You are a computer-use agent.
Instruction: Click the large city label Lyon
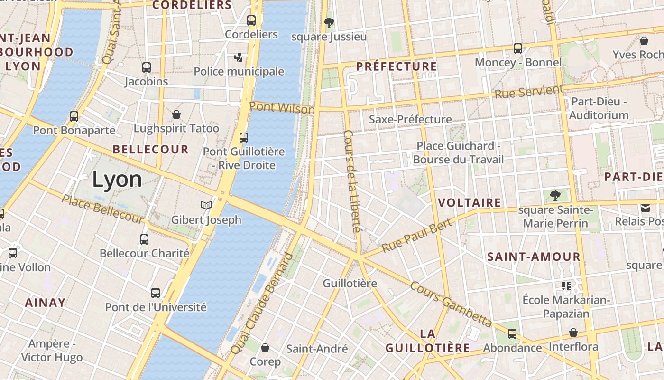(117, 180)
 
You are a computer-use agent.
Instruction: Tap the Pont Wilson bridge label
(282, 108)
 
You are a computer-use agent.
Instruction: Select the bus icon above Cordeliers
(251, 20)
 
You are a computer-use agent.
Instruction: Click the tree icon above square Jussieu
(328, 22)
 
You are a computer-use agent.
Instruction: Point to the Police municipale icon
(238, 57)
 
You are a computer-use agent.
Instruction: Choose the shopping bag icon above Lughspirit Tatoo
(176, 114)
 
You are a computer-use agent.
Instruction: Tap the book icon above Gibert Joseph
(206, 205)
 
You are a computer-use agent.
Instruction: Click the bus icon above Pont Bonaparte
(74, 116)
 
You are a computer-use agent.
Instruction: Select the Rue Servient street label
(528, 91)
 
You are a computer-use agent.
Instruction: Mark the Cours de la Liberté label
(351, 181)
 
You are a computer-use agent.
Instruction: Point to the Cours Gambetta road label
(451, 304)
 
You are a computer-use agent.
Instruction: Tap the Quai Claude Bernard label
(262, 304)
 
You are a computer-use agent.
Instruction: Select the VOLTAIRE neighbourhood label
(469, 203)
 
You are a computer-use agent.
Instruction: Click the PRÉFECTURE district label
(396, 66)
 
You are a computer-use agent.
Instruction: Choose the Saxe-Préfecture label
(410, 119)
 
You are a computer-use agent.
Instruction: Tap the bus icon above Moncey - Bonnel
(517, 48)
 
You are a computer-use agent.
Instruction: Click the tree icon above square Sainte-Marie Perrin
(554, 195)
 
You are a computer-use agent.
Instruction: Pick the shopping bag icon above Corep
(265, 348)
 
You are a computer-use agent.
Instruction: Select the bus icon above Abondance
(512, 333)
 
